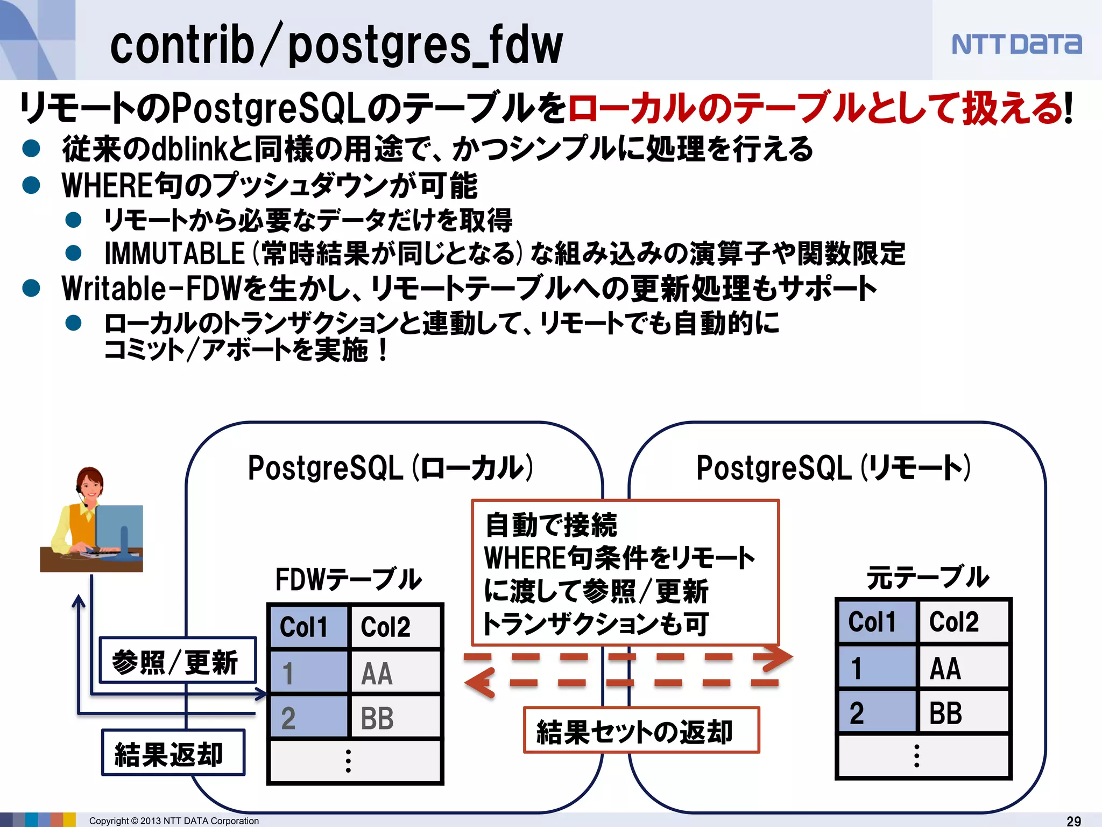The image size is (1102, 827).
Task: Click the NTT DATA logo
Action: [x=1016, y=44]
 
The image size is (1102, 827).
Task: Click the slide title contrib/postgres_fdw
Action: [x=336, y=46]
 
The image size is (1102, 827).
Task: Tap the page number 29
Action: [x=1074, y=821]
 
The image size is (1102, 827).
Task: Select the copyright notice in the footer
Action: [x=174, y=821]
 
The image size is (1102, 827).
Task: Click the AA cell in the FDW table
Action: [x=395, y=673]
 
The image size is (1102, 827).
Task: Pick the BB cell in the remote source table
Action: [x=964, y=713]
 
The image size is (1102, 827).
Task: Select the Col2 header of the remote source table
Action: [x=964, y=622]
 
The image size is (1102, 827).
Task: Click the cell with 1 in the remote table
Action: [x=876, y=668]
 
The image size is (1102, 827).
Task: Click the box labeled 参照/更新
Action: [x=177, y=661]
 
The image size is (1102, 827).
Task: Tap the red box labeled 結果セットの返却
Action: [x=641, y=731]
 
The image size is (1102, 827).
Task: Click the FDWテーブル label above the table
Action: [x=348, y=579]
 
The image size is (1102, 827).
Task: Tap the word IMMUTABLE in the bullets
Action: [x=175, y=254]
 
